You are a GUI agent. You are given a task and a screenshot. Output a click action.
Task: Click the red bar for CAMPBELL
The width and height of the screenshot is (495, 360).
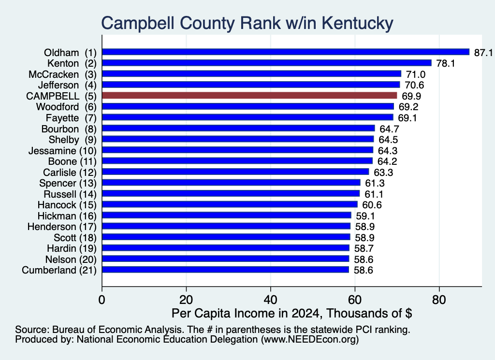pyautogui.click(x=249, y=95)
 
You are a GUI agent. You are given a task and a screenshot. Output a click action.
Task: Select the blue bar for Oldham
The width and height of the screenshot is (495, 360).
pyautogui.click(x=286, y=52)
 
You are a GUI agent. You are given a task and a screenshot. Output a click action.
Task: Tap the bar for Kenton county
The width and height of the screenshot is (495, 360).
pyautogui.click(x=267, y=63)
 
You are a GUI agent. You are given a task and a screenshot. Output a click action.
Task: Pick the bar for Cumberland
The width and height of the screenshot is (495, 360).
pyautogui.click(x=225, y=270)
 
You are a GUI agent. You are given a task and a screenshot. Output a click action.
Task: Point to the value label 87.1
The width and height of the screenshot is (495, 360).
pyautogui.click(x=483, y=52)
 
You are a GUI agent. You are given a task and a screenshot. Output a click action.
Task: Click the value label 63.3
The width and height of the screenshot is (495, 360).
pyautogui.click(x=383, y=173)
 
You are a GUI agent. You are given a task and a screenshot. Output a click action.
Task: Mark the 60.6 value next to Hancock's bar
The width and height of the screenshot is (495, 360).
pyautogui.click(x=372, y=205)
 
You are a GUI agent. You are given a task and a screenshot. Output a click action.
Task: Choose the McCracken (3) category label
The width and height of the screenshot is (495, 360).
pyautogui.click(x=62, y=74)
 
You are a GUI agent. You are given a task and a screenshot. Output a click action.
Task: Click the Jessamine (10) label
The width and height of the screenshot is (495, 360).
pyautogui.click(x=62, y=151)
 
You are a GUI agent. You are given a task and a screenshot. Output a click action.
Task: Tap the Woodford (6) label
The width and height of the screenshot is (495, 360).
pyautogui.click(x=66, y=107)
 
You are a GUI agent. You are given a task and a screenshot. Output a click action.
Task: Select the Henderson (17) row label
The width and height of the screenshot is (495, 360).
pyautogui.click(x=62, y=227)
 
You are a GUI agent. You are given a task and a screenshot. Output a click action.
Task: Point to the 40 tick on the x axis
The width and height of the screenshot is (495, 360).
pyautogui.click(x=271, y=300)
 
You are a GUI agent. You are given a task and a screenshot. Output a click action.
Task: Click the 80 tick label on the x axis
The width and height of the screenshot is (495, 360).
pyautogui.click(x=439, y=300)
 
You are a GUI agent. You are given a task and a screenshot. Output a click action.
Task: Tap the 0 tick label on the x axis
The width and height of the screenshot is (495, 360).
pyautogui.click(x=102, y=300)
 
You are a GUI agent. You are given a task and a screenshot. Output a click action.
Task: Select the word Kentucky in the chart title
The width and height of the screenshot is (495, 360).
pyautogui.click(x=358, y=23)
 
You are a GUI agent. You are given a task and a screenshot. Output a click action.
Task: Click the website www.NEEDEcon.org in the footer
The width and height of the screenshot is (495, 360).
pyautogui.click(x=310, y=340)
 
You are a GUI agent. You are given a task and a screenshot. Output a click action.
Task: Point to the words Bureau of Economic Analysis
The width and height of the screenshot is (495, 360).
pyautogui.click(x=118, y=330)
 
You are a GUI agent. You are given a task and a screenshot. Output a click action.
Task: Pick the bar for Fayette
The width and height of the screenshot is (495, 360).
pyautogui.click(x=248, y=117)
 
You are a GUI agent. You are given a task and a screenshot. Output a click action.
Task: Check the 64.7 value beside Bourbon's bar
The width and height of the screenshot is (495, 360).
pyautogui.click(x=389, y=129)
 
